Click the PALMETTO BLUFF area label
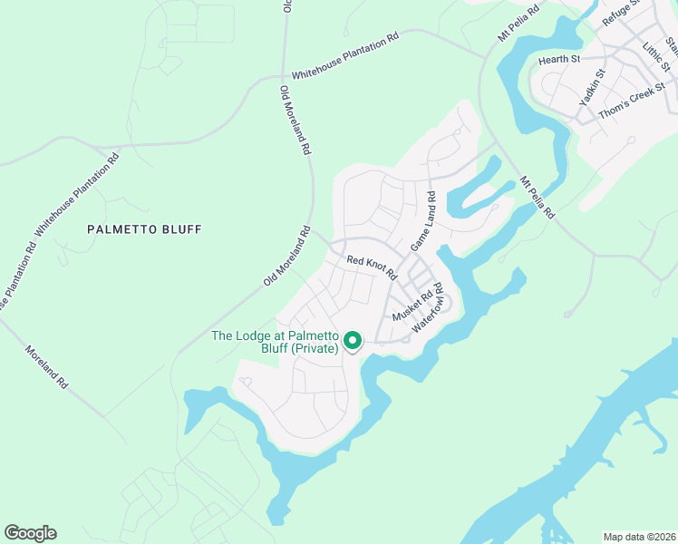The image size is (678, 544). click(x=144, y=229)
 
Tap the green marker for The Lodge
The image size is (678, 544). click(x=352, y=341)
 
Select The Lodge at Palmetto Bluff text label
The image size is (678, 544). click(x=275, y=342)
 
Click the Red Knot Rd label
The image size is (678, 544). click(x=373, y=266)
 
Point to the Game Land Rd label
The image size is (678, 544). click(x=423, y=221)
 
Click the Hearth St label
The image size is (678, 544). click(x=559, y=59)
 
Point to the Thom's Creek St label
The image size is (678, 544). click(x=634, y=92)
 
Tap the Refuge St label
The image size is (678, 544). click(x=622, y=15)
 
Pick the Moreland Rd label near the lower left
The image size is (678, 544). click(x=47, y=367)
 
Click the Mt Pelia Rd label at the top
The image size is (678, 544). click(x=518, y=23)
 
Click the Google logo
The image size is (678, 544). click(x=30, y=533)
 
